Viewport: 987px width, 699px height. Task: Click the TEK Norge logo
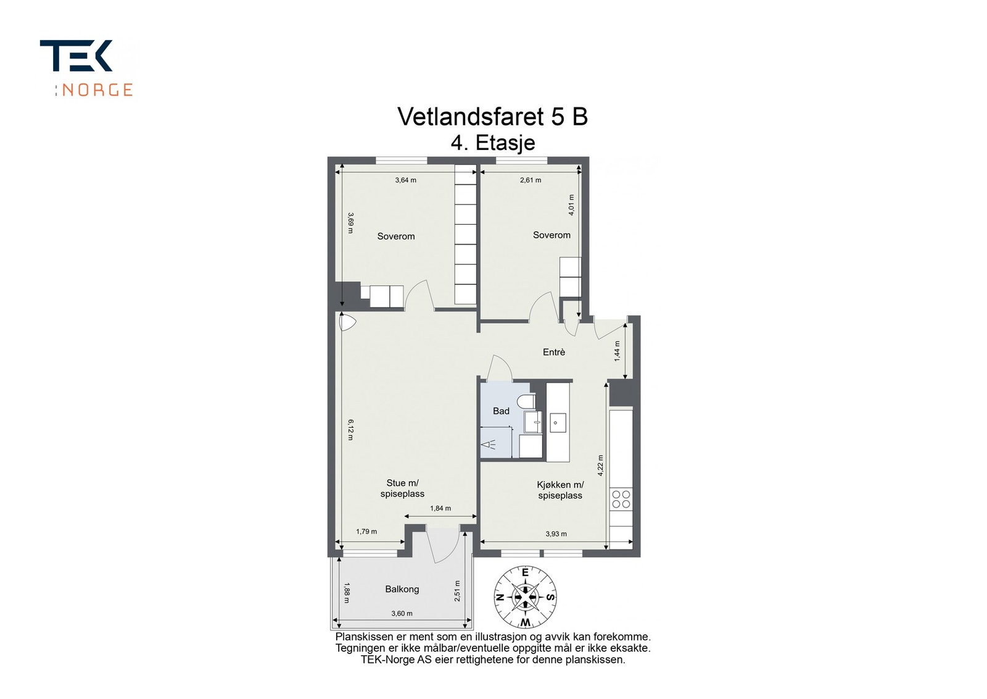[86, 68]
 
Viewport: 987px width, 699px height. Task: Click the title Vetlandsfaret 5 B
[492, 117]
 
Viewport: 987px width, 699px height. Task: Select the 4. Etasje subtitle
[492, 143]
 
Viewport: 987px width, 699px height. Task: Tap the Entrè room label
[553, 352]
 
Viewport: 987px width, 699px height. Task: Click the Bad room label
[501, 411]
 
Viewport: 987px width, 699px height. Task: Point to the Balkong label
[402, 589]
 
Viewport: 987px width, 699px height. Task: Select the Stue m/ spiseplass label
[402, 488]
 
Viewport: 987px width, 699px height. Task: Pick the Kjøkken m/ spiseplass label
[560, 490]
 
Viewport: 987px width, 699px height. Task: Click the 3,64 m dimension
[405, 180]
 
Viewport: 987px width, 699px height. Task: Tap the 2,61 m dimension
[531, 180]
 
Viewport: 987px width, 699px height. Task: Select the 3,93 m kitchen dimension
[556, 534]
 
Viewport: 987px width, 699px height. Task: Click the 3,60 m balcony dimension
[402, 613]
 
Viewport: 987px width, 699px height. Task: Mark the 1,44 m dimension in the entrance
[617, 351]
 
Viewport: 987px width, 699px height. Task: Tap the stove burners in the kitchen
[621, 499]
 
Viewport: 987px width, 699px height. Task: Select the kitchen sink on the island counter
[558, 423]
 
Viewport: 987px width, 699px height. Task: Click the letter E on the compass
[525, 572]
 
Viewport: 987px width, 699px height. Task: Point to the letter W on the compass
[525, 621]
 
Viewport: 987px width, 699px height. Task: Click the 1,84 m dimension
[440, 509]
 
